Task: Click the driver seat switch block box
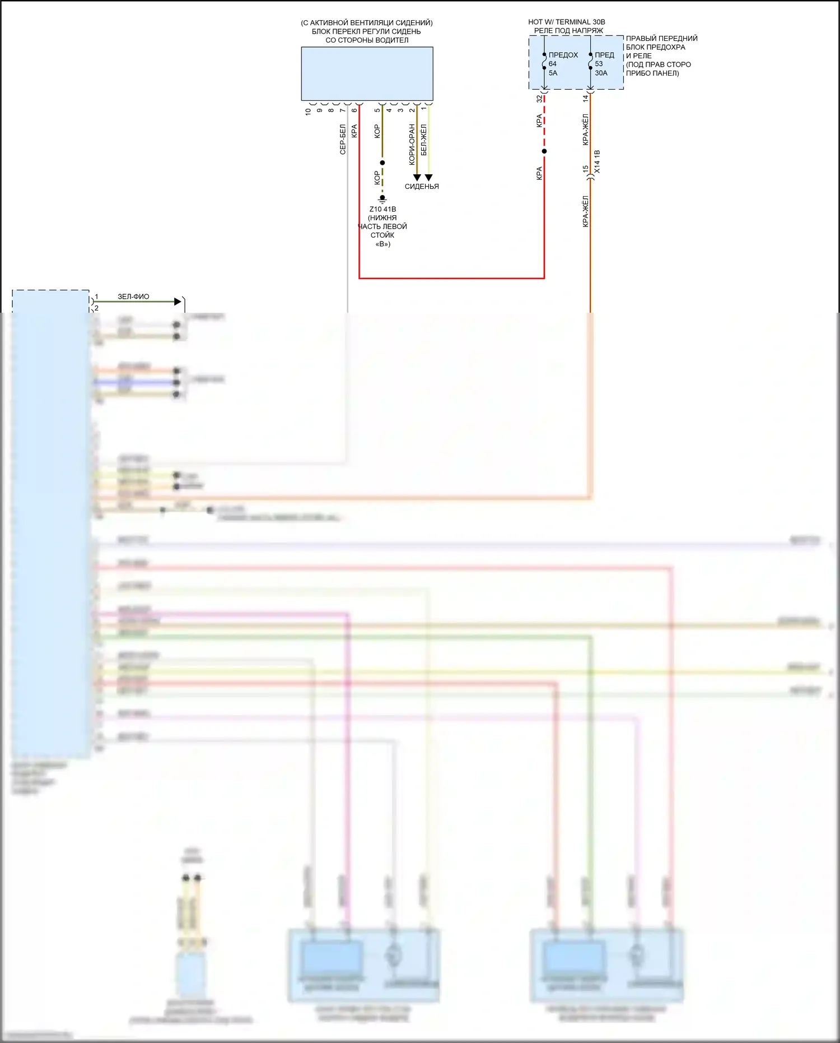coord(367,73)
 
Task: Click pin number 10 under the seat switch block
coord(308,111)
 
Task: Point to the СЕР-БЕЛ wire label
coord(343,139)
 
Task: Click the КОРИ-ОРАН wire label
coord(412,144)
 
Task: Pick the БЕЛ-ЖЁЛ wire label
coord(424,140)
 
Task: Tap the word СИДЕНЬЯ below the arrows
coord(422,187)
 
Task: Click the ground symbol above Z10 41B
coord(382,198)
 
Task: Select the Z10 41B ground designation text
coord(382,209)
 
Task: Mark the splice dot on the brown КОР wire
coord(382,163)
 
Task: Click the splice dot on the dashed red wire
coord(544,151)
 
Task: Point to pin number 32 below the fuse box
coord(539,99)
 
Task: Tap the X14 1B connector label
coord(597,161)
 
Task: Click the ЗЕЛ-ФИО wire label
coord(133,296)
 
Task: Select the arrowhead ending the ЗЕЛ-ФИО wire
coord(178,302)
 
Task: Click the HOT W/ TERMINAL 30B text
coord(566,22)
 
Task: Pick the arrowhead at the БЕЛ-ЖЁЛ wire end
coord(429,177)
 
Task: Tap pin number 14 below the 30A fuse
coord(586,98)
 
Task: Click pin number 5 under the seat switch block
coord(377,110)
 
